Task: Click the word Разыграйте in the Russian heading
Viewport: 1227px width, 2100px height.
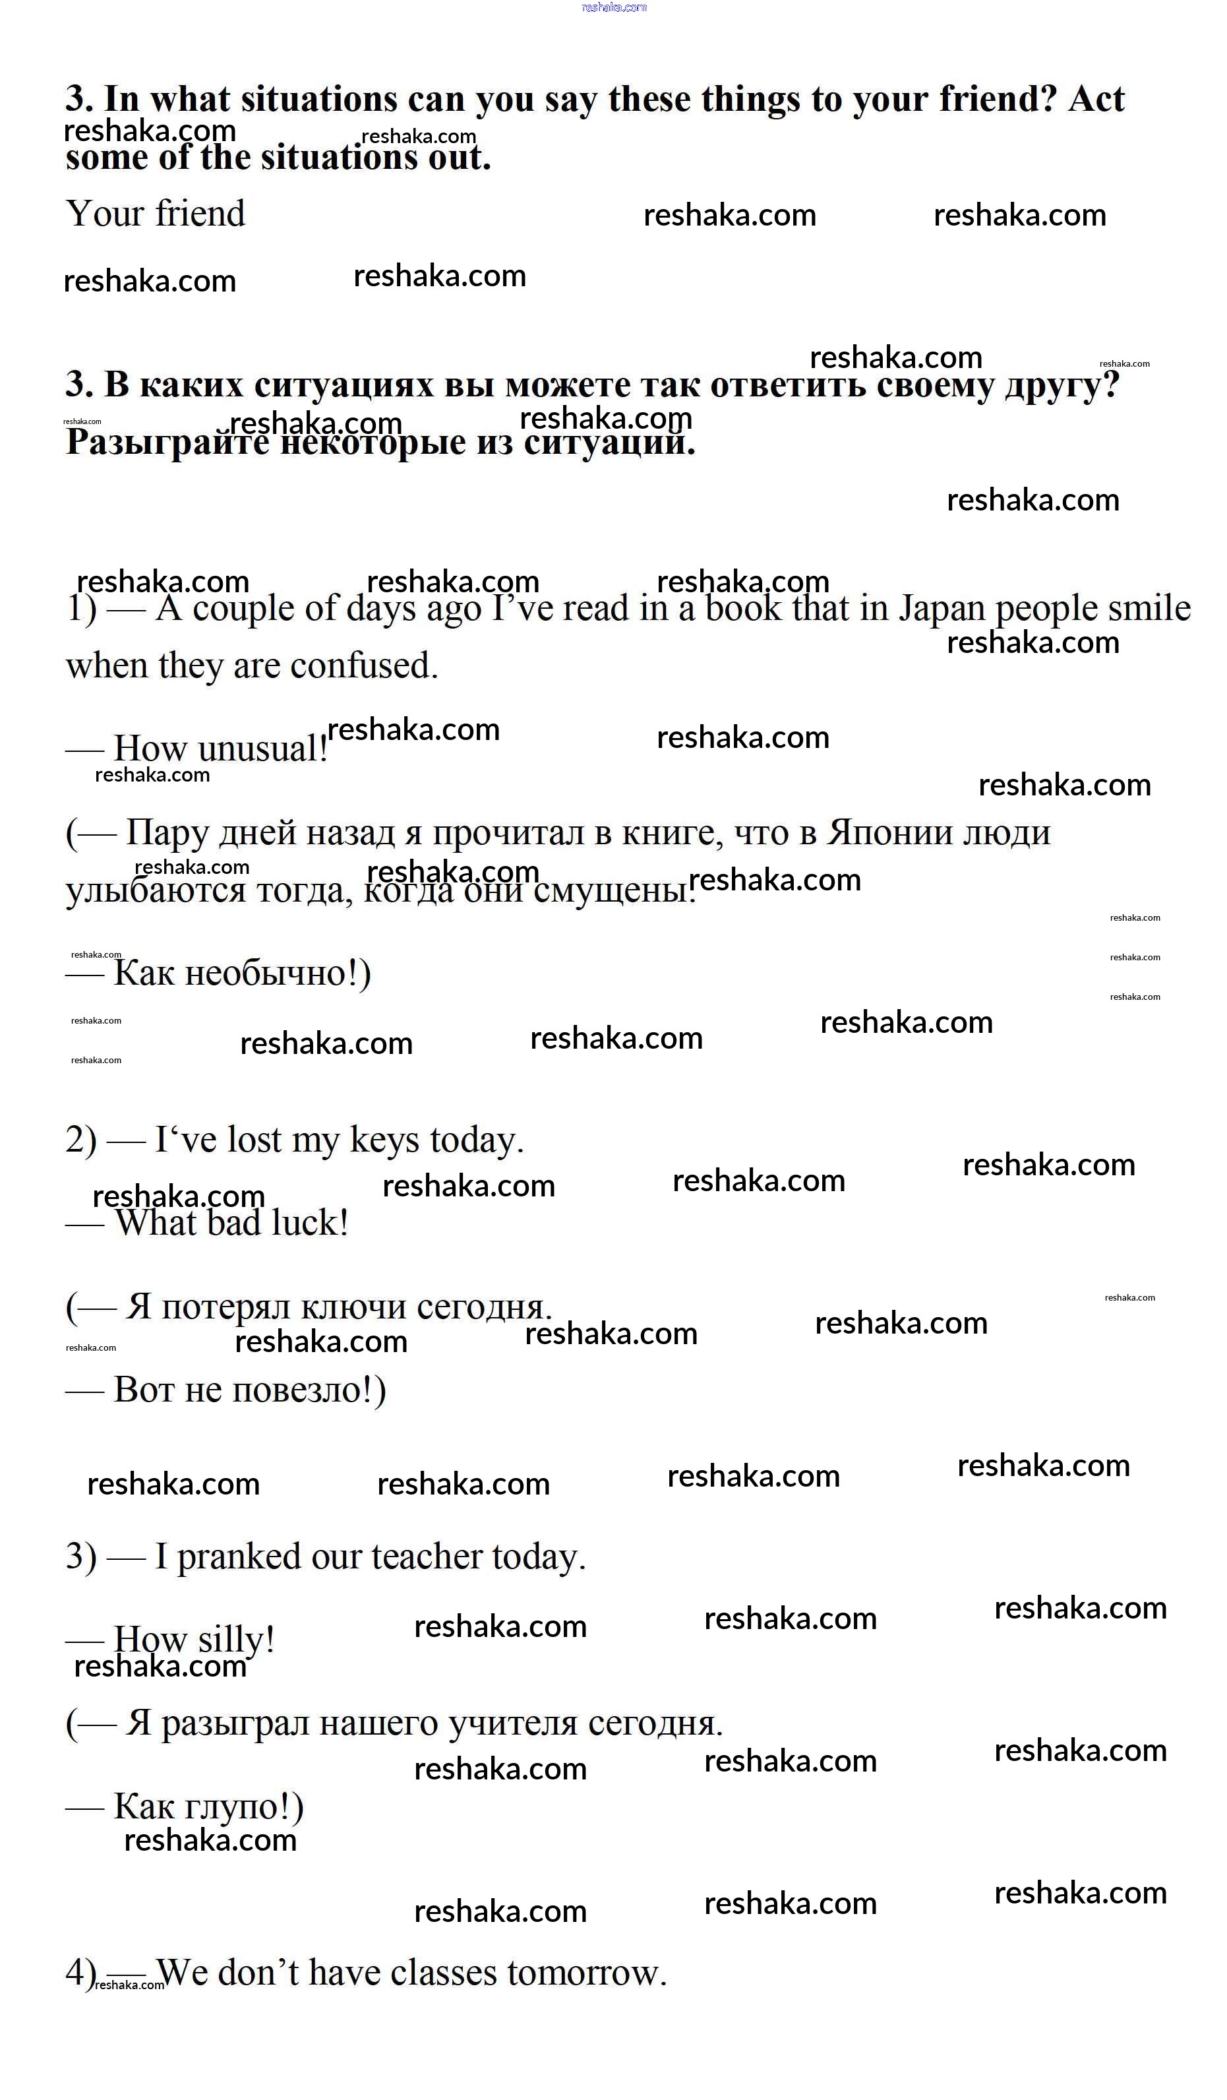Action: pyautogui.click(x=167, y=442)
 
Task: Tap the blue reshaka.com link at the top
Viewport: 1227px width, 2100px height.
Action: pyautogui.click(x=614, y=7)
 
